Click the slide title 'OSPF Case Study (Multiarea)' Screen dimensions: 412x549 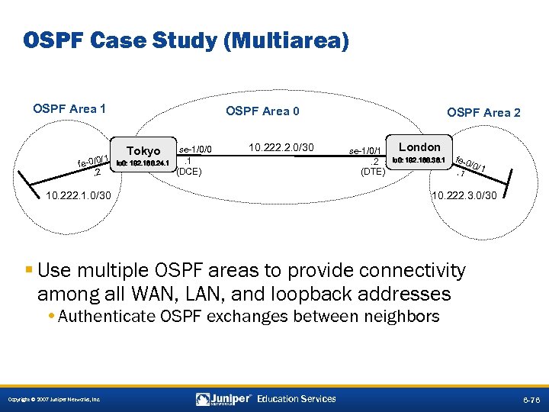pyautogui.click(x=186, y=40)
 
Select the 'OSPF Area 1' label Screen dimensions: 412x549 pyautogui.click(x=69, y=108)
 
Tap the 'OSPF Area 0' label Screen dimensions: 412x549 pyautogui.click(x=262, y=111)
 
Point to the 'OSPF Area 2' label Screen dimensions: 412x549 pyautogui.click(x=483, y=112)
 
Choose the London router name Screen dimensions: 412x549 pyautogui.click(x=419, y=146)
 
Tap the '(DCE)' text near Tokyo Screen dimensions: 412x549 pyautogui.click(x=188, y=172)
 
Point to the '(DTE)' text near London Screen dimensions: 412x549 pyautogui.click(x=373, y=172)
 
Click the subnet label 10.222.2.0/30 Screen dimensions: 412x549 pyautogui.click(x=281, y=146)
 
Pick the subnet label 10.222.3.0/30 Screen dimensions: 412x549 pyautogui.click(x=464, y=196)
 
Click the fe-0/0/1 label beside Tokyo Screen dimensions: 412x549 pyautogui.click(x=95, y=159)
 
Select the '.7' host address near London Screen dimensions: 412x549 pyautogui.click(x=459, y=173)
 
